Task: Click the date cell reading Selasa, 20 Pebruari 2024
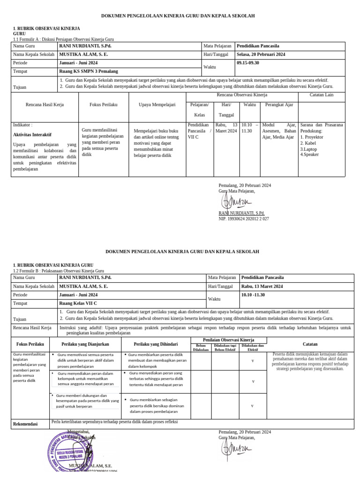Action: [261, 54]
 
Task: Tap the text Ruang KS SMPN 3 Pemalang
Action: [88, 71]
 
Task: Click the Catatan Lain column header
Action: [322, 95]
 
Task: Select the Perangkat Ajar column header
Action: [279, 105]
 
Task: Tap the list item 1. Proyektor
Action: [313, 137]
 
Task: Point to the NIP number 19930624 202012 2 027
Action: [244, 205]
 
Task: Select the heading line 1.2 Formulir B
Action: [58, 271]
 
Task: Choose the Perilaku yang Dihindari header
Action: [156, 344]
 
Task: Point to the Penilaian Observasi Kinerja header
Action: [228, 339]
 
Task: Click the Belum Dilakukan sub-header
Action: [200, 348]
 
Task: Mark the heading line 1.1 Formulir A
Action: [63, 39]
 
